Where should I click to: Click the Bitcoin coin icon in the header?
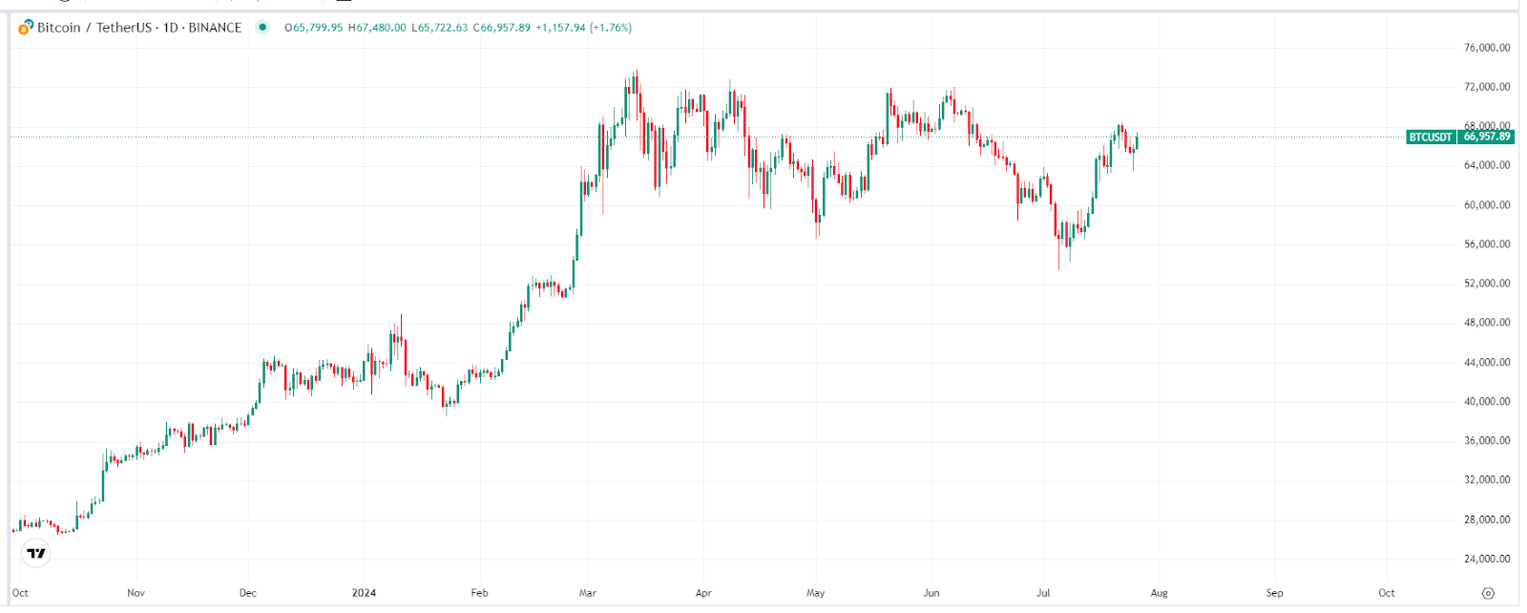point(26,28)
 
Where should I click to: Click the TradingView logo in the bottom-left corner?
point(36,553)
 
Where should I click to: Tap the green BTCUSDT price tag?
point(1431,137)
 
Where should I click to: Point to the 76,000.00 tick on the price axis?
point(1487,48)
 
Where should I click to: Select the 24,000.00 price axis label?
point(1487,559)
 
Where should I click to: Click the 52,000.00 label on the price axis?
point(1487,284)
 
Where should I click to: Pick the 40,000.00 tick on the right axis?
point(1487,401)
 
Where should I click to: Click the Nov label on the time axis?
point(136,593)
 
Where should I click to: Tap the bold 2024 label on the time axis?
point(364,593)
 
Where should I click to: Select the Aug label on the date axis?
point(1159,593)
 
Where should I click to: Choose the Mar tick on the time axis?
point(588,593)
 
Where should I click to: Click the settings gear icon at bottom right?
point(1488,594)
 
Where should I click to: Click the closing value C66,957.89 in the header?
point(502,28)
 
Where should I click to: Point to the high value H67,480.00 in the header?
point(377,28)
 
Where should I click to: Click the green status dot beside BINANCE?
point(262,27)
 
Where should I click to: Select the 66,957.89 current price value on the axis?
point(1487,137)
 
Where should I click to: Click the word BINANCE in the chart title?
point(215,28)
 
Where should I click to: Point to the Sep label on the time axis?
point(1274,593)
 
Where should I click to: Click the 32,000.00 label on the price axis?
point(1487,479)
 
